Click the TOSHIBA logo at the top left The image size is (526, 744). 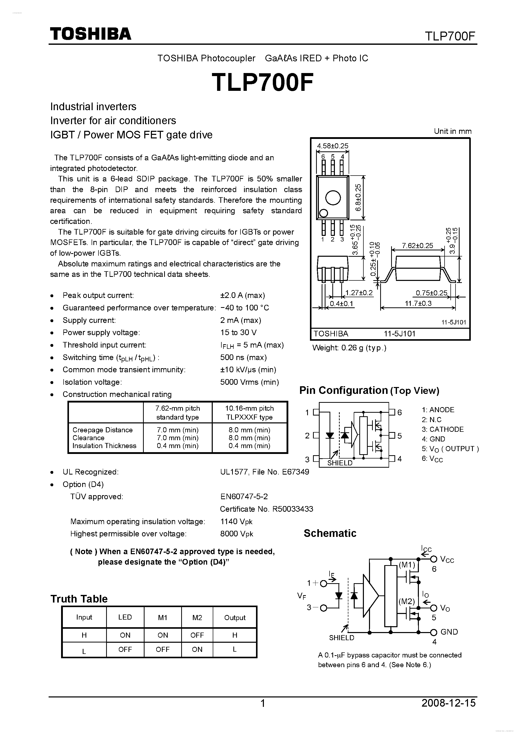(x=90, y=34)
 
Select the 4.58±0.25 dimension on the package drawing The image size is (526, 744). (x=333, y=146)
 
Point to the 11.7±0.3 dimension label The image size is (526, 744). (x=418, y=304)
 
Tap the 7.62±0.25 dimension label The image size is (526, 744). (x=417, y=246)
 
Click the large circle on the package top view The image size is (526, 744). (x=333, y=198)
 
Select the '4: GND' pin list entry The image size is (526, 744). (x=433, y=439)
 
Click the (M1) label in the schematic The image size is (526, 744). (x=407, y=565)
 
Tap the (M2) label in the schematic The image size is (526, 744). (x=407, y=602)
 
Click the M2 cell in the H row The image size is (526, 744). (x=197, y=635)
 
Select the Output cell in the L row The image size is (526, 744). (x=235, y=649)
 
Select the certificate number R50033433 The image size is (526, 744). (x=293, y=509)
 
